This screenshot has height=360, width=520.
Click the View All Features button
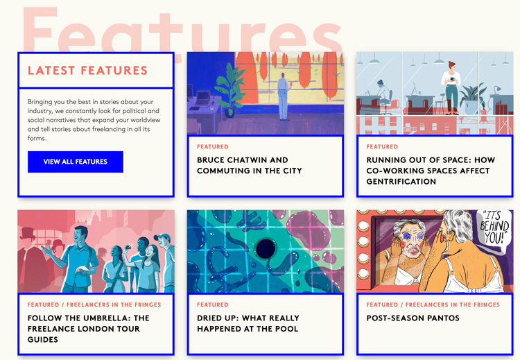(76, 162)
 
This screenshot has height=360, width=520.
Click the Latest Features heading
(87, 70)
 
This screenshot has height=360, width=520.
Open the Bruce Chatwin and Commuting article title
(250, 165)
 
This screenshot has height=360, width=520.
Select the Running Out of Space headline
(431, 171)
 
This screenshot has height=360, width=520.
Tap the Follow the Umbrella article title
(88, 329)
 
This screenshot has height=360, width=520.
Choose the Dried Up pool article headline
(248, 323)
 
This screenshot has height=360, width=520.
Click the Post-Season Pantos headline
(413, 318)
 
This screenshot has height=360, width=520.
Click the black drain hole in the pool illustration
(266, 248)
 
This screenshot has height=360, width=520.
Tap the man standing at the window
(283, 96)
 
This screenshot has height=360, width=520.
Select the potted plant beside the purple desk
(229, 89)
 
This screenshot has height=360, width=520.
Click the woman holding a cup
(451, 87)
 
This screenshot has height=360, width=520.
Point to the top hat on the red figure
(28, 233)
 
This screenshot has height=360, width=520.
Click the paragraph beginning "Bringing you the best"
(94, 120)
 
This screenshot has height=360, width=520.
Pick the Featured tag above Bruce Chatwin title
(213, 146)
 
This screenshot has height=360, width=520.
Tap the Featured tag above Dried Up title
(213, 305)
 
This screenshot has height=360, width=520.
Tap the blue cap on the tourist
(162, 237)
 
